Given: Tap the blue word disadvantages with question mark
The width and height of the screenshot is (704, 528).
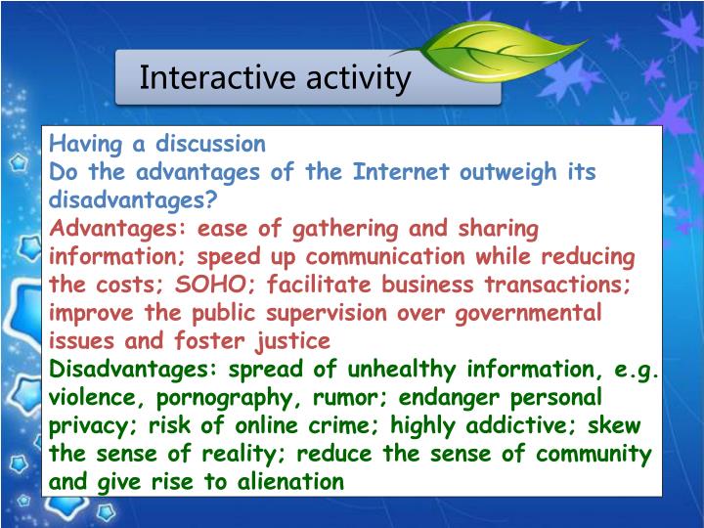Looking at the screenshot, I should click(x=134, y=200).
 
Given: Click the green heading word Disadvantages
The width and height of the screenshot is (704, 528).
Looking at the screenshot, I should click(x=134, y=370).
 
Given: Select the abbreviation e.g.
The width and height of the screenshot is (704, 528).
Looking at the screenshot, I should click(x=637, y=370).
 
